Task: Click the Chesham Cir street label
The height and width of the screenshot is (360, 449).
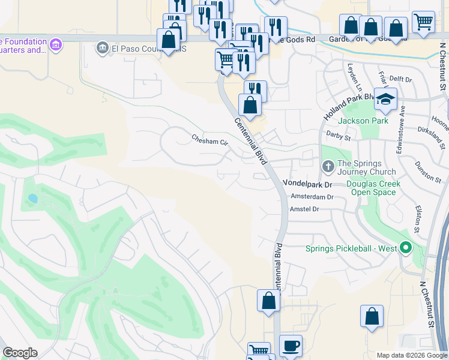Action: [211, 142]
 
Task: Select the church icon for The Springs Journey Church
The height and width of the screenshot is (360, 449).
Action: [328, 166]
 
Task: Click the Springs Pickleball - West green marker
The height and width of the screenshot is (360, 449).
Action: [406, 248]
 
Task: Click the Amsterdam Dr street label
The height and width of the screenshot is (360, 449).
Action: [312, 197]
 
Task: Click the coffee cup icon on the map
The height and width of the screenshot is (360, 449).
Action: [291, 346]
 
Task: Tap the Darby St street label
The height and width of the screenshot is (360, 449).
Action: [338, 137]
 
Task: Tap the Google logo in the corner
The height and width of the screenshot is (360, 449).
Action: [20, 353]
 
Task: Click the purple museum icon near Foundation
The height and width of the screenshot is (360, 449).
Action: [56, 45]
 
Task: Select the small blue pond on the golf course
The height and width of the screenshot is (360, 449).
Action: [32, 198]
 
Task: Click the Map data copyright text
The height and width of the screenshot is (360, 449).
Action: [412, 355]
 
